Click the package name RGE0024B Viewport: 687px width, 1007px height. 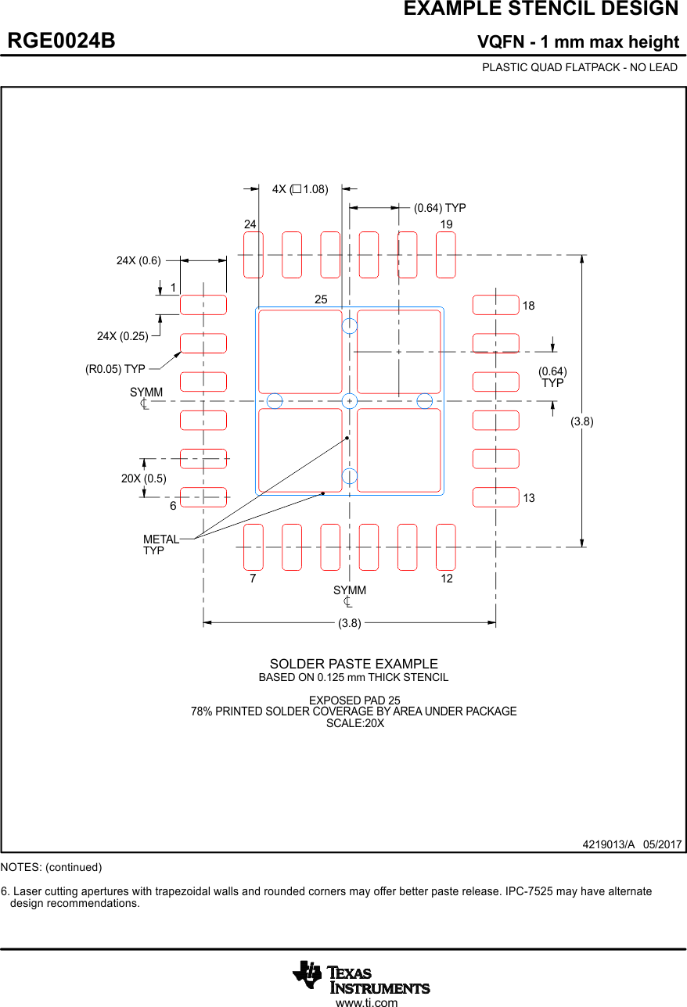62,41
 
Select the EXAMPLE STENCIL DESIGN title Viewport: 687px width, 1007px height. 541,9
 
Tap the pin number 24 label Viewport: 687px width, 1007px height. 250,224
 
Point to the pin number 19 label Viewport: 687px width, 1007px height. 446,224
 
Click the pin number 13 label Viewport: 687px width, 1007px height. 529,498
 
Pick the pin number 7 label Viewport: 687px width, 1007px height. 253,579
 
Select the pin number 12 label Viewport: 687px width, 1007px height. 447,579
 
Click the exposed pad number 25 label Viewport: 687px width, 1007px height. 321,299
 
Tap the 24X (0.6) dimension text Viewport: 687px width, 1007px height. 138,261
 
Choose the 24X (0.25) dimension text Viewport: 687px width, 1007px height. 122,336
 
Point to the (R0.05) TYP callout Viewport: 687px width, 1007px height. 115,369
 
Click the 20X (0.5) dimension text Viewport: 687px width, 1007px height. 143,478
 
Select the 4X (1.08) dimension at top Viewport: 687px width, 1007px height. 300,189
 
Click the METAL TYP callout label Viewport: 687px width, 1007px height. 160,545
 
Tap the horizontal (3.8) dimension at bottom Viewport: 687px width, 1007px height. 349,623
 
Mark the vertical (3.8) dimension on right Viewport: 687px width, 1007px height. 581,421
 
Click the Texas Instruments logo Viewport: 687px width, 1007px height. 361,977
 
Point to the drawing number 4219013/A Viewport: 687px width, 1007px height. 608,845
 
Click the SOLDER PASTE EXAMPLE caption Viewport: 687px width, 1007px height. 354,664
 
